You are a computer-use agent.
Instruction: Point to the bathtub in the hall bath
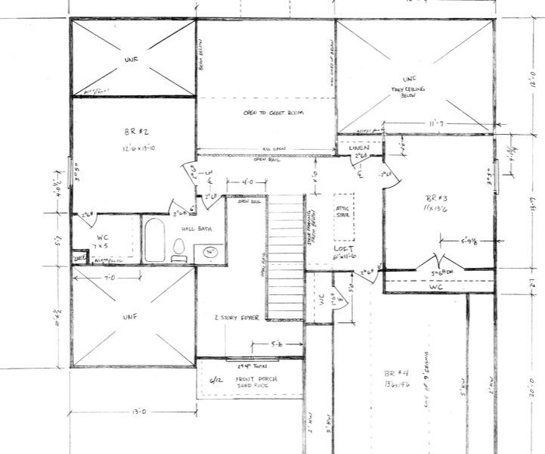point(154,241)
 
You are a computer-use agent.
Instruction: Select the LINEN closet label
point(358,148)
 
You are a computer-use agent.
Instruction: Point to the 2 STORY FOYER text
point(237,319)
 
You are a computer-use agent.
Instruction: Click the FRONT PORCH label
point(256,378)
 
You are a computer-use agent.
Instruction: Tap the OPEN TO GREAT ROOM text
point(266,112)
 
